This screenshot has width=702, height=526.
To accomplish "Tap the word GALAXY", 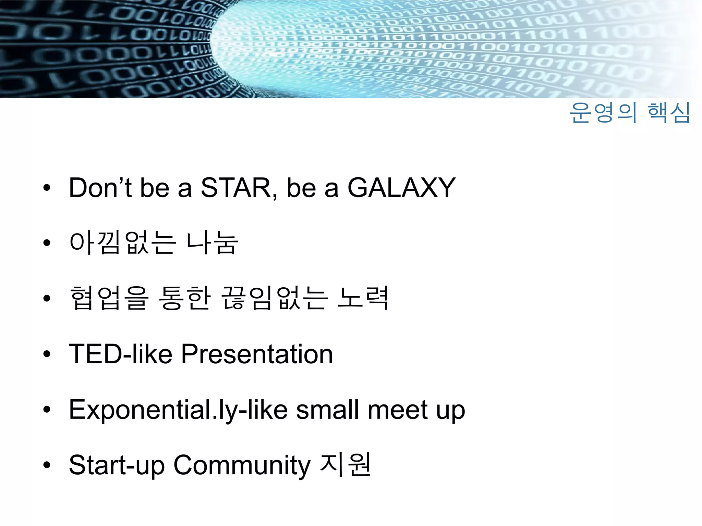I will click(401, 188).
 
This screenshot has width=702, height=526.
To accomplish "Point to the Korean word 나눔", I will click(212, 243).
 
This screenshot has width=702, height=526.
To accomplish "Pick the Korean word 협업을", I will click(109, 298).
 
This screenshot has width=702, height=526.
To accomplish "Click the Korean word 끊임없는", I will click(275, 298).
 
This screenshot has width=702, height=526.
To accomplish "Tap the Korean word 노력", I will click(363, 298).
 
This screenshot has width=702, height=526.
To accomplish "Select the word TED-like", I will click(120, 354).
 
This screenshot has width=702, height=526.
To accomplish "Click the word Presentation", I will click(257, 354).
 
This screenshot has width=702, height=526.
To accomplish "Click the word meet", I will click(398, 410).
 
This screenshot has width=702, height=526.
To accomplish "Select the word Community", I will click(242, 465).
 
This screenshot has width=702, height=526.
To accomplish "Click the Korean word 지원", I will click(345, 465).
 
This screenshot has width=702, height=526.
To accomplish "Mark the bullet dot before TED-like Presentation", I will click(47, 354).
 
